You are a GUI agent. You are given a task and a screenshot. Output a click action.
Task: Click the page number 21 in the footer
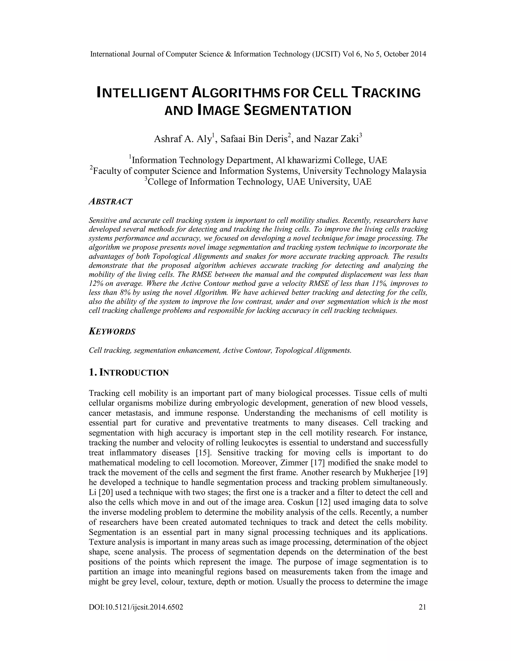coord(422,607)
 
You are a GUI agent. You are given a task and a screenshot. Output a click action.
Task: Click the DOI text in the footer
coord(136,607)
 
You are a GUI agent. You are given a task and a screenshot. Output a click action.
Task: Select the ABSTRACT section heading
coord(111,202)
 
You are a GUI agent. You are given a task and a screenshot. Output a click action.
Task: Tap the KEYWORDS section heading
coord(112,332)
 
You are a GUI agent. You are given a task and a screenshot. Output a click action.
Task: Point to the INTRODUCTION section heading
coord(133,373)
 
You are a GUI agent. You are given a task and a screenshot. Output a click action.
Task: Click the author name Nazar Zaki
coord(336,139)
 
